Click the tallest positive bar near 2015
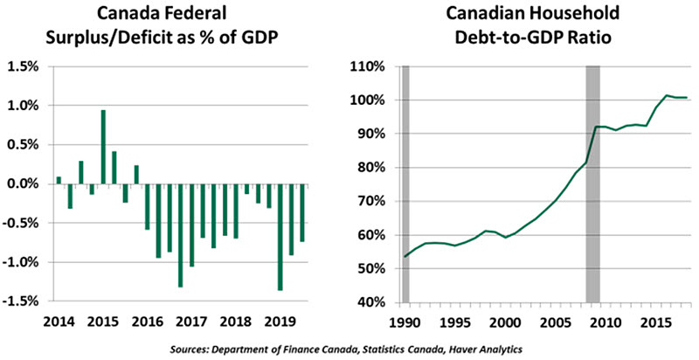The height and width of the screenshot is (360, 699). point(103,147)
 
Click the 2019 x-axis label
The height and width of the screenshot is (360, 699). point(279,321)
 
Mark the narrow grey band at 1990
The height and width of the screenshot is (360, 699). point(405,183)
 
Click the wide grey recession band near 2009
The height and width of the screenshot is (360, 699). point(592,183)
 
